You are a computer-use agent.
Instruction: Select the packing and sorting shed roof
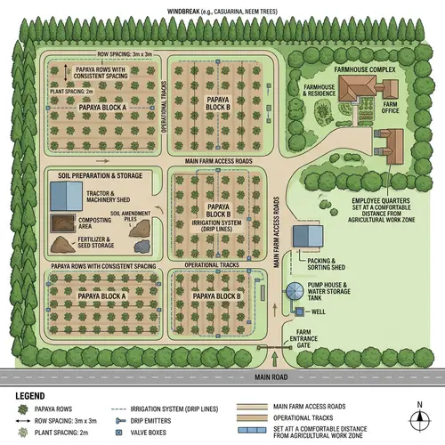(309, 236)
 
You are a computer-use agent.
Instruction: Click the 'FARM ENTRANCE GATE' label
(307, 338)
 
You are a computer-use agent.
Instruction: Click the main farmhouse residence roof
(360, 86)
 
